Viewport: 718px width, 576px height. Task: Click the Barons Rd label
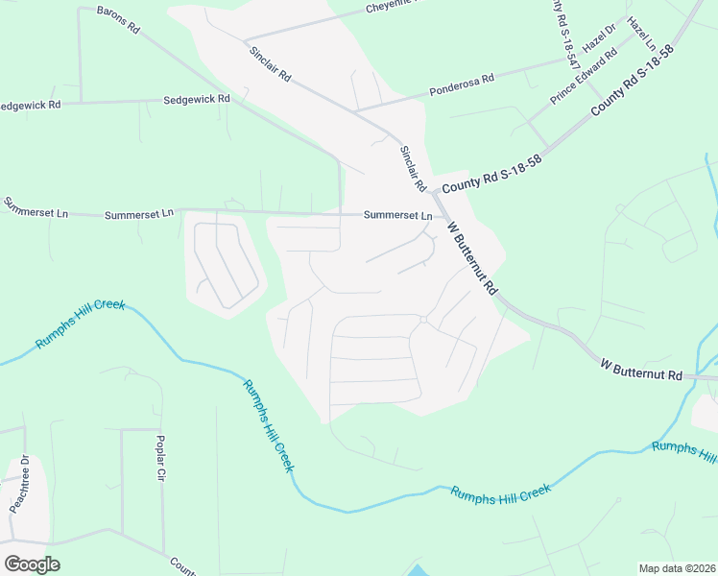(x=119, y=20)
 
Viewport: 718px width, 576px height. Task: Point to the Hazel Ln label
(x=640, y=33)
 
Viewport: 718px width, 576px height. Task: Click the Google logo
(x=32, y=564)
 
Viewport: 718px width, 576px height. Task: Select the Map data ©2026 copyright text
(x=677, y=568)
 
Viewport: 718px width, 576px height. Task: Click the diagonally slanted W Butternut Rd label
(x=474, y=258)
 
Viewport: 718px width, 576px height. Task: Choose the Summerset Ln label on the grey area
(x=397, y=216)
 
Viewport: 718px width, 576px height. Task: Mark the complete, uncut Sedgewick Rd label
(x=197, y=99)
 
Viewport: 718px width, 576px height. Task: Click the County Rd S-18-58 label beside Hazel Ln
(x=633, y=81)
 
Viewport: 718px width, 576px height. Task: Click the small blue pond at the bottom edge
(x=420, y=569)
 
